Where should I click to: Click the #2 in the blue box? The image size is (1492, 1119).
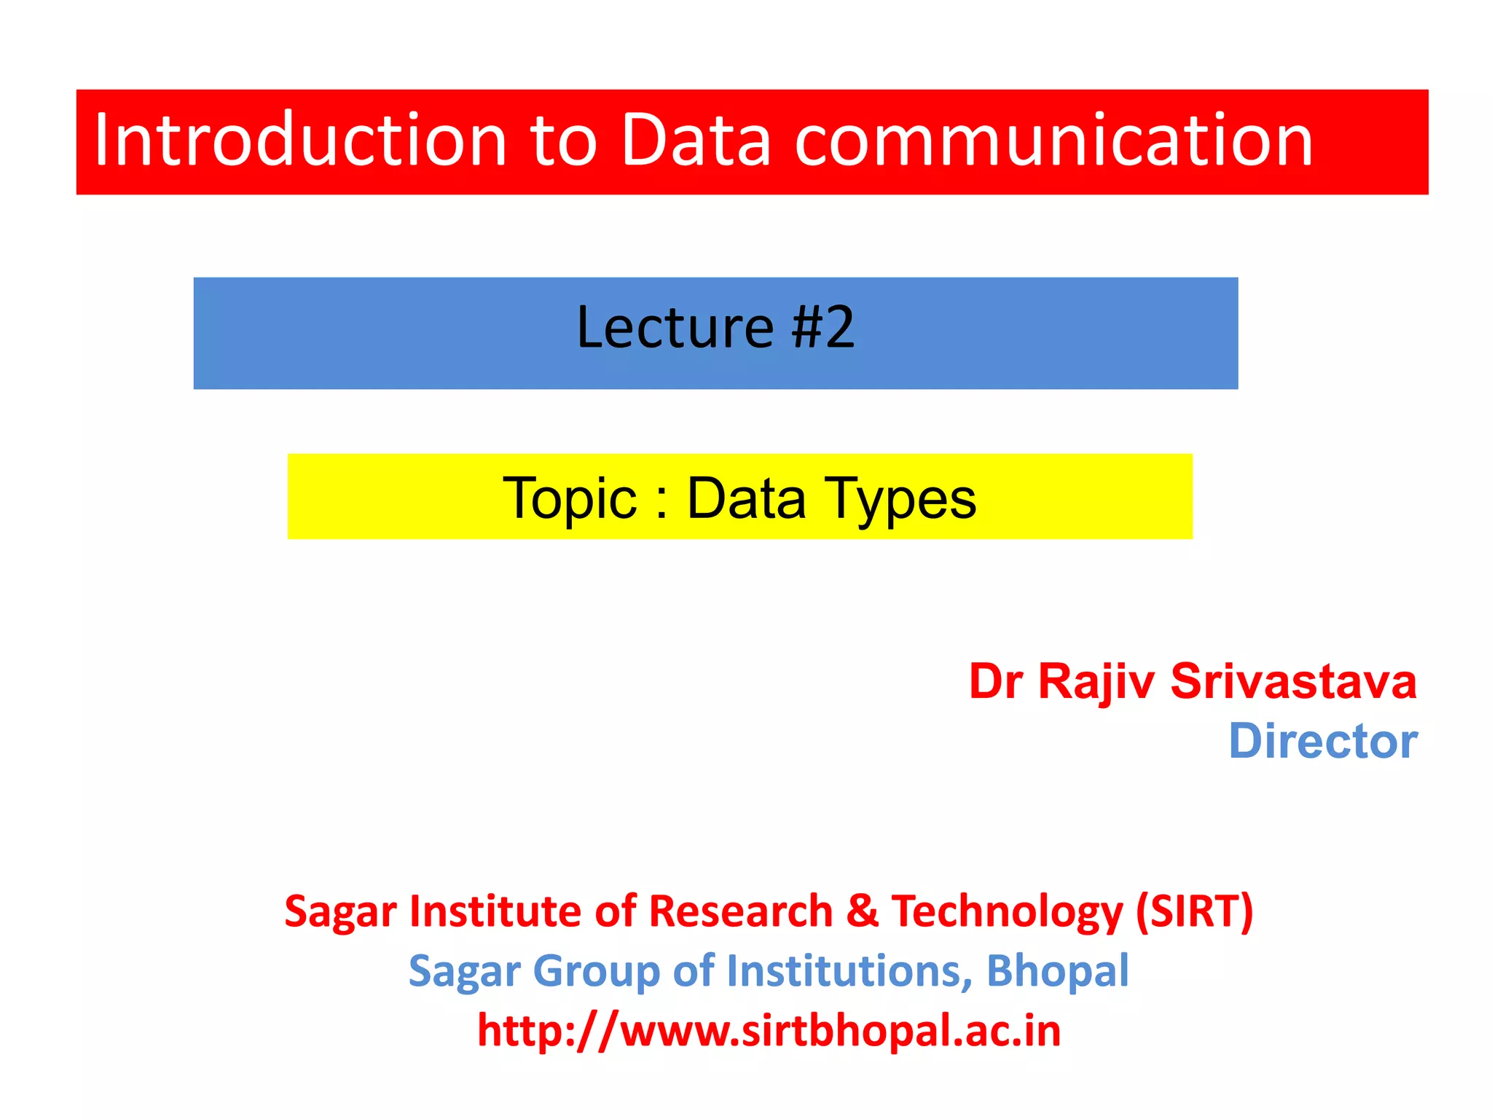[823, 328]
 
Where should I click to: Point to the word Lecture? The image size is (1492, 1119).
[675, 328]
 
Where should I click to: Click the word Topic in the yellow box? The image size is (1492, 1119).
[570, 499]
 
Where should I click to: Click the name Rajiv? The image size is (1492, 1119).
[1096, 683]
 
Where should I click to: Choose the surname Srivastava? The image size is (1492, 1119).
[1293, 683]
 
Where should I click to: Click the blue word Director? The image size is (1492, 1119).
[1322, 742]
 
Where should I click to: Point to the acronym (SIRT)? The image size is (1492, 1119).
[1195, 911]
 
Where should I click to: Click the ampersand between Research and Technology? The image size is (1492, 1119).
[863, 911]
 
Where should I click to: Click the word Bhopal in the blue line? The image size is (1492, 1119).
[1057, 971]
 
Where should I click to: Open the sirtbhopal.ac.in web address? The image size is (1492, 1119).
[769, 1032]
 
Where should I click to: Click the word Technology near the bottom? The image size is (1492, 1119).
[1008, 913]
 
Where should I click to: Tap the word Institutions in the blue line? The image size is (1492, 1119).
[849, 971]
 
